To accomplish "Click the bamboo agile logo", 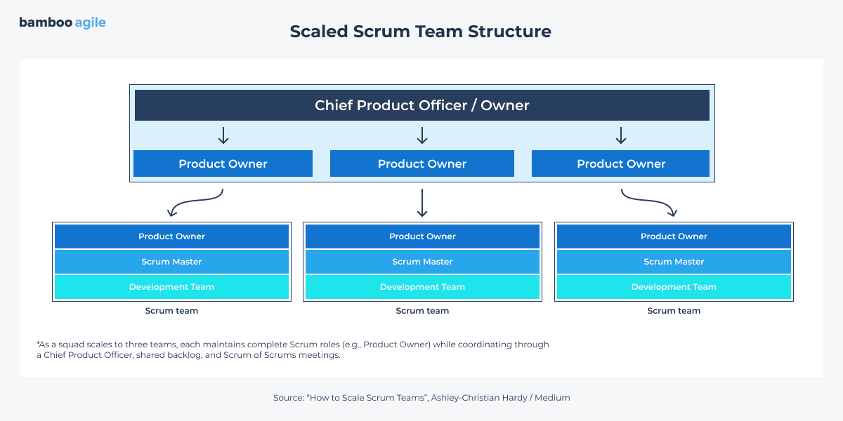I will click(62, 22).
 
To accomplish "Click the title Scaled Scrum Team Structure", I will click(420, 32).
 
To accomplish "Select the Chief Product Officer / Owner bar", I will click(421, 105).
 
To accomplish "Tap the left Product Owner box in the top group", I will click(223, 163).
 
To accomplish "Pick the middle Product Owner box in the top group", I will click(421, 163).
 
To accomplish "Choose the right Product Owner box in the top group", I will click(620, 163).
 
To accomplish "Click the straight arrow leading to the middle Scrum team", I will click(422, 203).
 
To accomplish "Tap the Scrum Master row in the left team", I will click(171, 262).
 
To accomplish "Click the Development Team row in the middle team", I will click(422, 287).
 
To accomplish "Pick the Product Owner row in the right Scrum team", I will click(674, 236).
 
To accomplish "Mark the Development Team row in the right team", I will click(674, 287).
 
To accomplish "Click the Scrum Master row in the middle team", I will click(422, 262).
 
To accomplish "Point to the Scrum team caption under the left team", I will click(171, 311).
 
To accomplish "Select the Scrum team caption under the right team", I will click(674, 311).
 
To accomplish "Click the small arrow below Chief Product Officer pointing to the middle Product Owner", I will click(422, 135).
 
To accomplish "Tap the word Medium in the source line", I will click(552, 398).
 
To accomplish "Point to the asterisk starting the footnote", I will click(38, 344).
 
